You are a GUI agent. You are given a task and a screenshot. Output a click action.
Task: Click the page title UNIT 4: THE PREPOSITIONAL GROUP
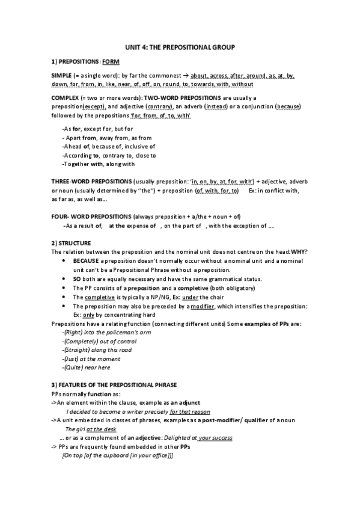pos(180,46)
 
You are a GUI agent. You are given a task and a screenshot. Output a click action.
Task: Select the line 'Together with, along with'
pos(99,164)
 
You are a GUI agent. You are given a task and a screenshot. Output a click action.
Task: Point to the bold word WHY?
pos(301,251)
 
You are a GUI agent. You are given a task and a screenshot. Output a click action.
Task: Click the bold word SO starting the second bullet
pos(76,279)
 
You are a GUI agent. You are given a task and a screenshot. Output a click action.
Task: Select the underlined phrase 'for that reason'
pos(190,411)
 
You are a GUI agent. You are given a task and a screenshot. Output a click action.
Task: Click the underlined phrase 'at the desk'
pos(101,429)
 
